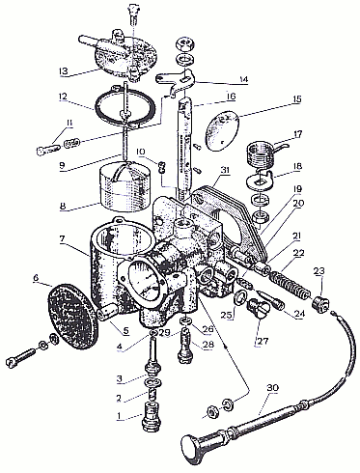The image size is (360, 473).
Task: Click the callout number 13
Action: (x=64, y=70)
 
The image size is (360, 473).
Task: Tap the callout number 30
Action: (x=272, y=388)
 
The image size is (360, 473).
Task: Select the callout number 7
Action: (x=62, y=238)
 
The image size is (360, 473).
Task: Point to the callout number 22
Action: (x=299, y=253)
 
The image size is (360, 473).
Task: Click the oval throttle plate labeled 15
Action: (x=223, y=130)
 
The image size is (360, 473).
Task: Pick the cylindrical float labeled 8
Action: (x=125, y=187)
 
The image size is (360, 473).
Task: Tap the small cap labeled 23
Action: (x=320, y=304)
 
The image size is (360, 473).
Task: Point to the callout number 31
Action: (x=226, y=170)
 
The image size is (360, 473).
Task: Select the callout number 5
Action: (x=125, y=330)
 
